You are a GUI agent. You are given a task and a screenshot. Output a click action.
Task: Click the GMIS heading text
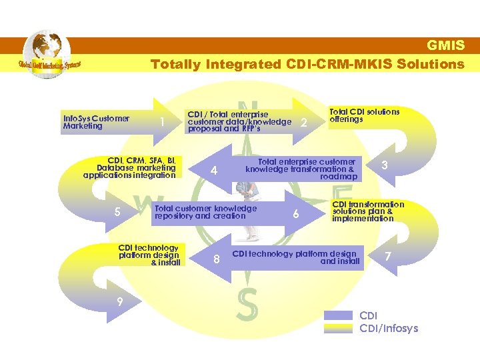point(445,46)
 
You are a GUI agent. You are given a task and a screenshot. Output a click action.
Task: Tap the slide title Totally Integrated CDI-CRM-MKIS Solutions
point(307,64)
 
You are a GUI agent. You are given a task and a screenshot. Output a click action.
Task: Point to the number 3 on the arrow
point(384,165)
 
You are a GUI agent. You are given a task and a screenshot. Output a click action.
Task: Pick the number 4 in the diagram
point(214,171)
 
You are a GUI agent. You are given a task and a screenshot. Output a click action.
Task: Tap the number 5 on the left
point(117,213)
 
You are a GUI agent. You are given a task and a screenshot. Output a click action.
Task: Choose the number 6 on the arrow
point(295,213)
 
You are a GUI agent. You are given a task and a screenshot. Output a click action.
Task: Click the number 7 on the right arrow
point(388,256)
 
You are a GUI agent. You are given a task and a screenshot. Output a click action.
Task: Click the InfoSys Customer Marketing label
point(96,122)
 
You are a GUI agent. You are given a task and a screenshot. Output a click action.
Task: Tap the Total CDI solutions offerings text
point(364,115)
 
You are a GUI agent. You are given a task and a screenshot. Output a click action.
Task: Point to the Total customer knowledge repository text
point(205,212)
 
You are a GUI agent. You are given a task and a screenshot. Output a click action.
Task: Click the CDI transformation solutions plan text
point(367,211)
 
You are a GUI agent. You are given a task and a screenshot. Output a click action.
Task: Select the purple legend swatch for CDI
point(340,315)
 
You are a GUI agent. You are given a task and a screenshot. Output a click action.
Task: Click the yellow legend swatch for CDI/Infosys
point(340,328)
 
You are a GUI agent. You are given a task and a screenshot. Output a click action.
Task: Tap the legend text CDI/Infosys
point(389,328)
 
